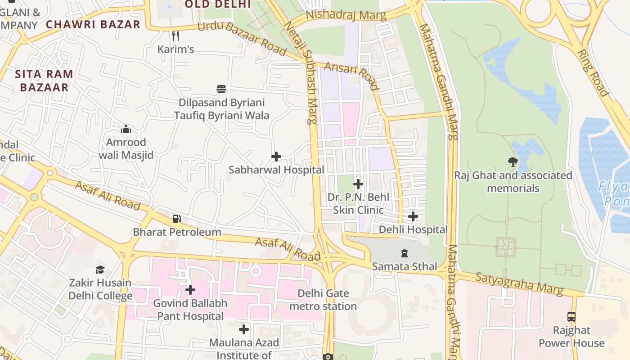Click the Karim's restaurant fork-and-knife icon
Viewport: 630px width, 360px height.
[175, 36]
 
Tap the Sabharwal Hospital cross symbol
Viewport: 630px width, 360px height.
[276, 157]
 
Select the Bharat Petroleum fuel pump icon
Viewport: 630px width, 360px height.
[177, 219]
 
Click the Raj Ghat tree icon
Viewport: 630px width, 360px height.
[513, 162]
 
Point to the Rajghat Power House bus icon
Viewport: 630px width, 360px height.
[571, 316]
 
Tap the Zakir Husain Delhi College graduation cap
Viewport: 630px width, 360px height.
[100, 270]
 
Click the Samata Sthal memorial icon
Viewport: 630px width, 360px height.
[404, 253]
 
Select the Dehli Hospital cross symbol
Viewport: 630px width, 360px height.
[413, 216]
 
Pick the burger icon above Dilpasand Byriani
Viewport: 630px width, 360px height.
[221, 89]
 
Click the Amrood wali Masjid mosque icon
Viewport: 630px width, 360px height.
[126, 130]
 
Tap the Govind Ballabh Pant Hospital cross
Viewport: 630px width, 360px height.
[190, 290]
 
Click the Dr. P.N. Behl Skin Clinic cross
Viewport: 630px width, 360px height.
[358, 184]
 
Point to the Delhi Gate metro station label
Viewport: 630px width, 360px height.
[323, 300]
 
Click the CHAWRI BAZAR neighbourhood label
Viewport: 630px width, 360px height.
[94, 24]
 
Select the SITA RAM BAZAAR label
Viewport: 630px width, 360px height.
[44, 81]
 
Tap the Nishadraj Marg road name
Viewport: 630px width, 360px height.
[346, 15]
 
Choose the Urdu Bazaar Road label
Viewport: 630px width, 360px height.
[242, 38]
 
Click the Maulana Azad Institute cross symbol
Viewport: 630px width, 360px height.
[244, 329]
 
